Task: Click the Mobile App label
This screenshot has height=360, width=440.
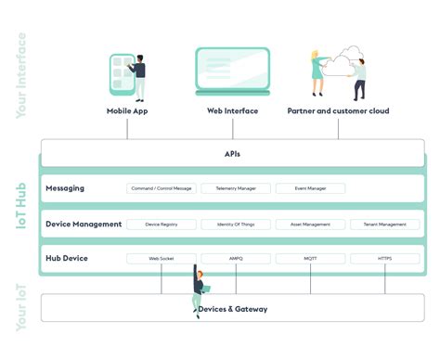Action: click(x=127, y=111)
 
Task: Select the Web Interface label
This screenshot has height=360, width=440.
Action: click(x=232, y=111)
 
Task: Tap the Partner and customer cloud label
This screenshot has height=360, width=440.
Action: click(x=338, y=111)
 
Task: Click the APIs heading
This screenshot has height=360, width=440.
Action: click(x=232, y=154)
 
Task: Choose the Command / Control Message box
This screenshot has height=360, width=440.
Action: click(x=162, y=188)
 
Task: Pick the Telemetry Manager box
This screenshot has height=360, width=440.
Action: click(x=236, y=188)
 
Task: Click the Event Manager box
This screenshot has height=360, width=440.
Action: click(x=310, y=188)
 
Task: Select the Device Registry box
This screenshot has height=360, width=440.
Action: click(x=162, y=225)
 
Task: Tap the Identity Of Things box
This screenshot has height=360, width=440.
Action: click(x=236, y=225)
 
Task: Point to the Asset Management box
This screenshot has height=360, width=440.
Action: click(x=310, y=225)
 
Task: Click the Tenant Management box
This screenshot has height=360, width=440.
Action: click(x=384, y=225)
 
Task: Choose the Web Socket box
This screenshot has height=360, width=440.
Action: click(x=162, y=259)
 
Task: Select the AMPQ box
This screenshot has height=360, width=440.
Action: click(x=236, y=259)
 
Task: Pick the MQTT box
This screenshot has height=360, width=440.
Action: click(x=310, y=259)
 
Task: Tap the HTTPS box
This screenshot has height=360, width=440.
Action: click(x=384, y=259)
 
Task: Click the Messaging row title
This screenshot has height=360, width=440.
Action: click(x=65, y=188)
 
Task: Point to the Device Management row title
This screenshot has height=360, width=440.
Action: click(x=84, y=225)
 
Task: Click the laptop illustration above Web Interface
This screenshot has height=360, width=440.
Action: click(x=232, y=70)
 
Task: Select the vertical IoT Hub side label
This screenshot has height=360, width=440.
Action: click(x=20, y=206)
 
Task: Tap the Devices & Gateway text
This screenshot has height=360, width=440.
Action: click(x=232, y=309)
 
